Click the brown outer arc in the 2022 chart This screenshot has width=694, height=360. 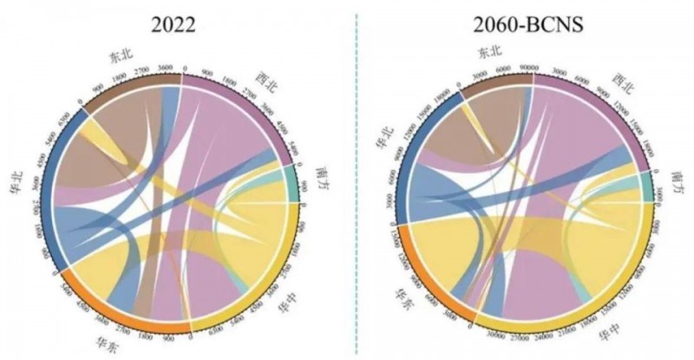click(130, 87)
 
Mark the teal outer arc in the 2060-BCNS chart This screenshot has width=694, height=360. click(646, 185)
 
